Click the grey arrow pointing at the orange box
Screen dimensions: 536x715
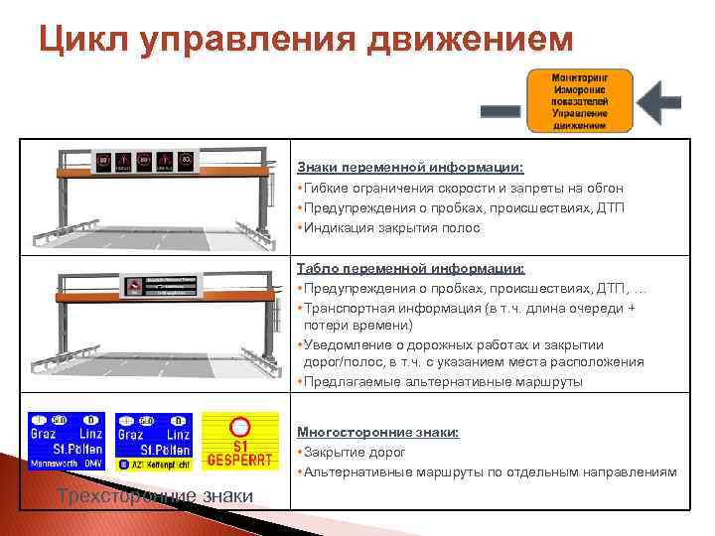[x=657, y=101]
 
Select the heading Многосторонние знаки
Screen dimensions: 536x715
[x=377, y=433]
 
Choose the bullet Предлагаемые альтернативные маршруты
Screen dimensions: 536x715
[x=442, y=382]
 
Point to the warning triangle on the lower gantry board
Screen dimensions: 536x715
[x=133, y=285]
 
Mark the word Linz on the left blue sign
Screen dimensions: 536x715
[x=89, y=434]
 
